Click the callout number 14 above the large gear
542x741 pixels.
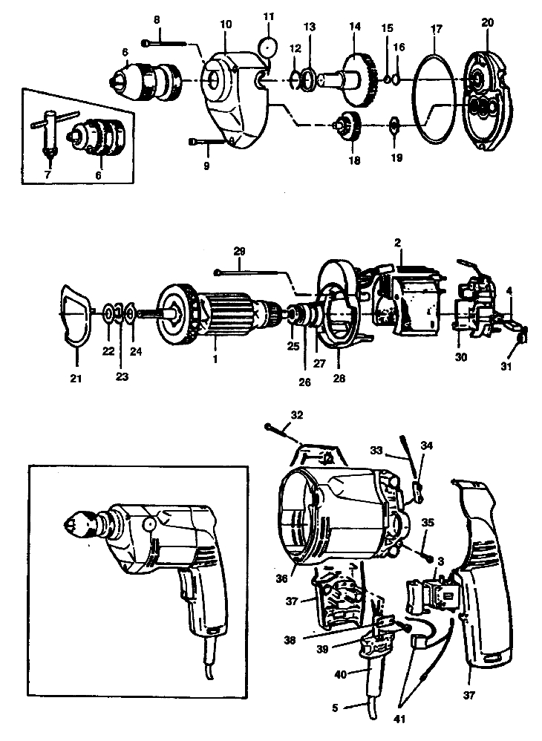click(354, 27)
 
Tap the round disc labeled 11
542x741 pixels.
click(267, 47)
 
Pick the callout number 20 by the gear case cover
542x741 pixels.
click(487, 22)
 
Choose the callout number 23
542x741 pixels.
click(121, 376)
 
